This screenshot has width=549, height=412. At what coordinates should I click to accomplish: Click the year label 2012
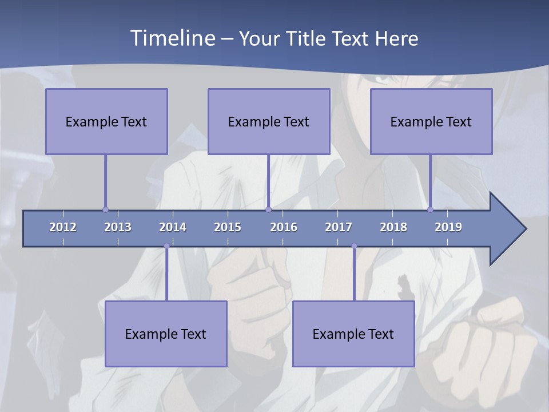point(63,227)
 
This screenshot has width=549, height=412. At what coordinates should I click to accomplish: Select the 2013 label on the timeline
point(118,227)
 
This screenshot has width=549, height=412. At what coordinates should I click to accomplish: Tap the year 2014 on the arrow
point(173,227)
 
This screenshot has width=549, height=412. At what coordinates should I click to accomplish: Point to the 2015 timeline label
point(228,227)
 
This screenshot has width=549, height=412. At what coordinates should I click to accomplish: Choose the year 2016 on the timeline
point(284,227)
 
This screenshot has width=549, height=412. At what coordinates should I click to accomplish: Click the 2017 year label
point(339,227)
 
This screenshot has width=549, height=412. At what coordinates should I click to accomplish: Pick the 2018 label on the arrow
point(393,227)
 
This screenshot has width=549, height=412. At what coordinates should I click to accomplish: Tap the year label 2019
point(448,227)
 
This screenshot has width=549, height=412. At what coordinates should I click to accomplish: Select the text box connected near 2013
point(106,121)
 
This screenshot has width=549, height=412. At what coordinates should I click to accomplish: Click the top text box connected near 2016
point(269,121)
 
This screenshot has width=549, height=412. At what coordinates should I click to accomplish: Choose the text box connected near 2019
point(431,121)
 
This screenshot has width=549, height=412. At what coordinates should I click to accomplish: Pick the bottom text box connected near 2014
point(166,334)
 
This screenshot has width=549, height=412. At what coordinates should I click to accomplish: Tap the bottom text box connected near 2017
point(353,334)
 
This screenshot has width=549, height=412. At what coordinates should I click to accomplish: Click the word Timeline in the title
point(172,38)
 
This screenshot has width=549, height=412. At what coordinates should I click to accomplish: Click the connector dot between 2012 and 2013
point(105,209)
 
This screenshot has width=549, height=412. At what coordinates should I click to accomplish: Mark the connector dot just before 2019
point(430,209)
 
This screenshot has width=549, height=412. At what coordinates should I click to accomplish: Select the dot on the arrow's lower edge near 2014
point(166,246)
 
